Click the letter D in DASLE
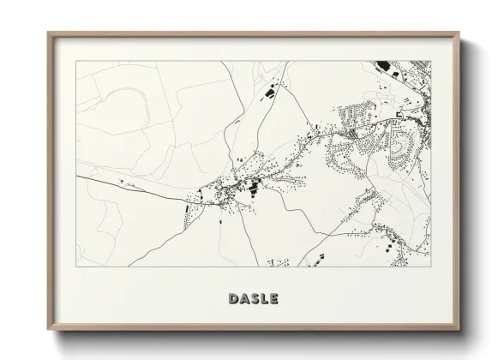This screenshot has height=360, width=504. coord(233,298)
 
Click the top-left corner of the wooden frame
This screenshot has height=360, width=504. coord(48,33)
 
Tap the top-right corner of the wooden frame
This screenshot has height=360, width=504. coord(460,33)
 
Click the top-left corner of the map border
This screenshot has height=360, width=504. coord(76,61)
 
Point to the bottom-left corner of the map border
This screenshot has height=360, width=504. coord(76,267)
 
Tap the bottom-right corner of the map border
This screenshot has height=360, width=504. coord(432,267)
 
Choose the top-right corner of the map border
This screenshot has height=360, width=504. coord(432,61)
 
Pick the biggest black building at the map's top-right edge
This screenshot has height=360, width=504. coord(383,65)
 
